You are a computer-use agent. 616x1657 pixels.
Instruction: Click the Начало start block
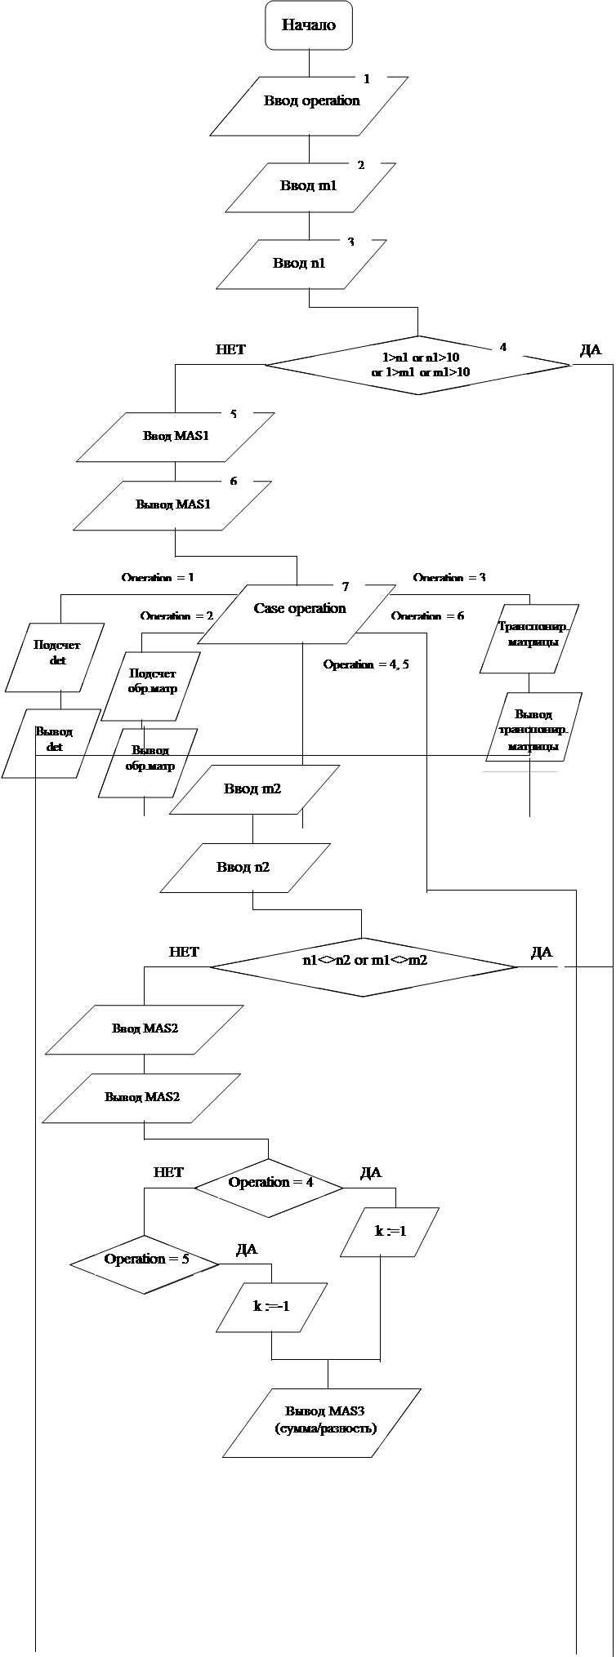[x=309, y=25]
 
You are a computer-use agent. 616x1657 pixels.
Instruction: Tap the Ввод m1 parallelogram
[x=309, y=187]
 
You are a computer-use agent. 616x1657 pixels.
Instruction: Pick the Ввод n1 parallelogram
[x=300, y=264]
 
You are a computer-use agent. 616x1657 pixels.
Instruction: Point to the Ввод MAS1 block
[x=176, y=437]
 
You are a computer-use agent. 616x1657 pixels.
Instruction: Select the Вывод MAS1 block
[x=173, y=504]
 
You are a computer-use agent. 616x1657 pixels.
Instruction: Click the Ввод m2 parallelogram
[x=253, y=789]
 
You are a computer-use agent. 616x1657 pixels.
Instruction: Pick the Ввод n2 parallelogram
[x=244, y=867]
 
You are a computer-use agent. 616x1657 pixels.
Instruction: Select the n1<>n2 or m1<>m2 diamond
[x=364, y=966]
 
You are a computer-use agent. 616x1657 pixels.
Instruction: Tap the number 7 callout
[x=346, y=587]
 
